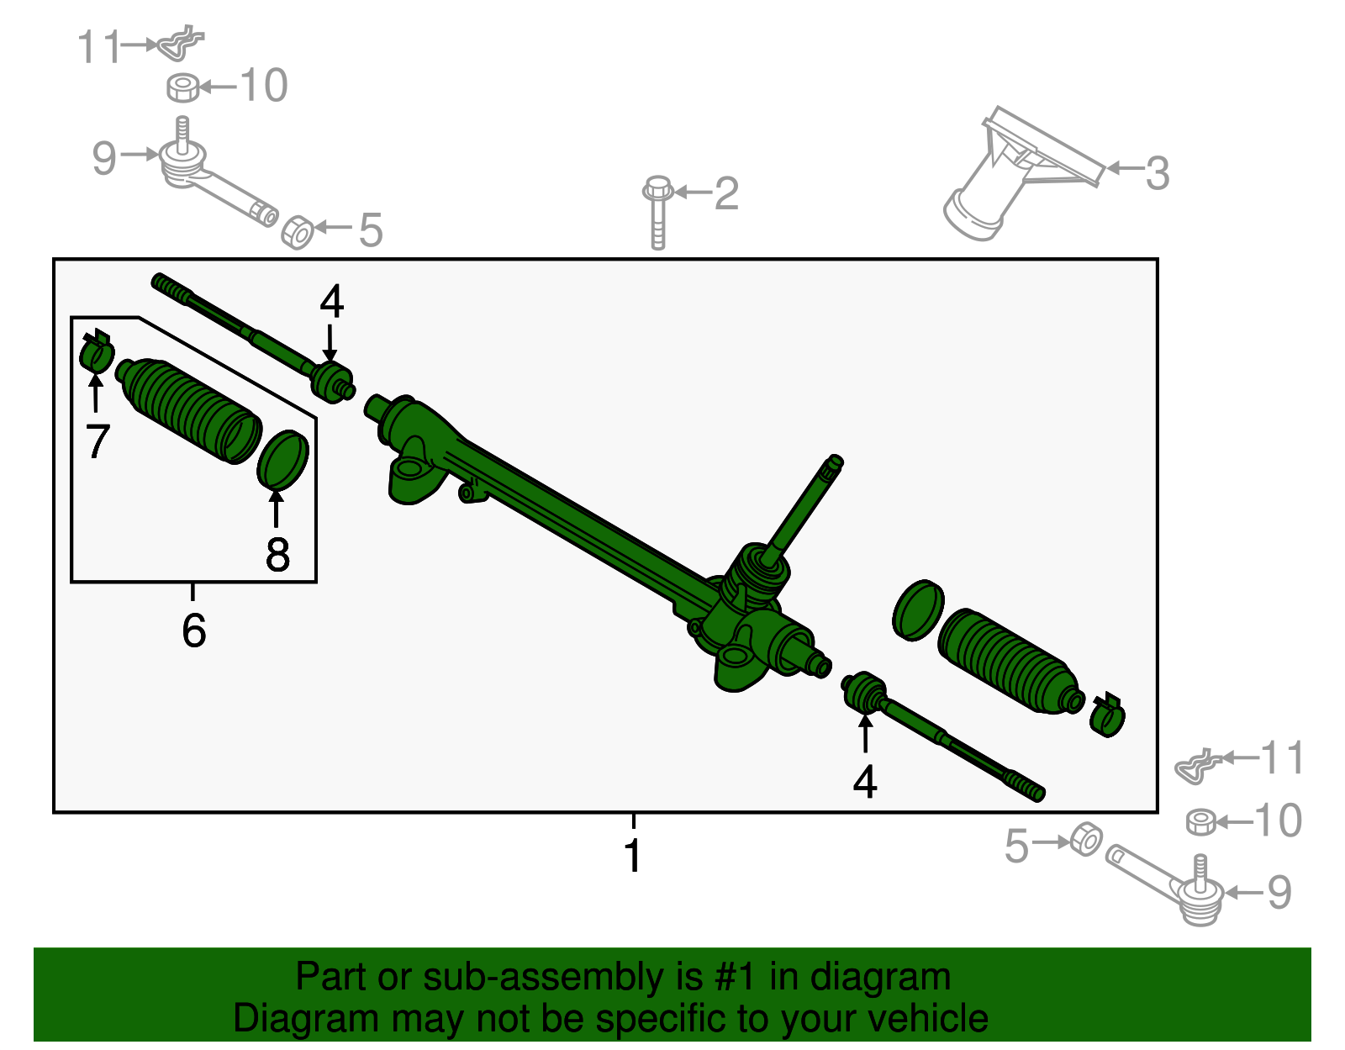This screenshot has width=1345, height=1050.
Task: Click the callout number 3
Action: tap(1158, 174)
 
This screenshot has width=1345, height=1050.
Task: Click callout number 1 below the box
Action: tap(633, 856)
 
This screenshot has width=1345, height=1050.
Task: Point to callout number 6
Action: tap(193, 631)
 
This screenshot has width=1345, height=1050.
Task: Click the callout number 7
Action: tap(98, 441)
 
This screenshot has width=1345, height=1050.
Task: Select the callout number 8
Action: tap(277, 555)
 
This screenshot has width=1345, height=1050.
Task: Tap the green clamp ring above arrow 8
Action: tap(282, 459)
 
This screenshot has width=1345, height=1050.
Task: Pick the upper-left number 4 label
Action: tap(331, 301)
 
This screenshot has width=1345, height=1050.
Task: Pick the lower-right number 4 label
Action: tap(865, 782)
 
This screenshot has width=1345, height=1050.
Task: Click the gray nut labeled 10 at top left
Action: tap(183, 87)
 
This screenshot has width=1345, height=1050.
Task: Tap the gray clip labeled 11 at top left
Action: tap(181, 44)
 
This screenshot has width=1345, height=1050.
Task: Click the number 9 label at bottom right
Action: tap(1279, 893)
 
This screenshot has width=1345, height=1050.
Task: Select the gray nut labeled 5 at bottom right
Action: tap(1086, 839)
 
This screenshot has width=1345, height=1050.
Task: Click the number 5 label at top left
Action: tap(371, 230)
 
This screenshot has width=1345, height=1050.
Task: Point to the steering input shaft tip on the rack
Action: tap(834, 462)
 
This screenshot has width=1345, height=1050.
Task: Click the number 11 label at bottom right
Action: tap(1282, 758)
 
